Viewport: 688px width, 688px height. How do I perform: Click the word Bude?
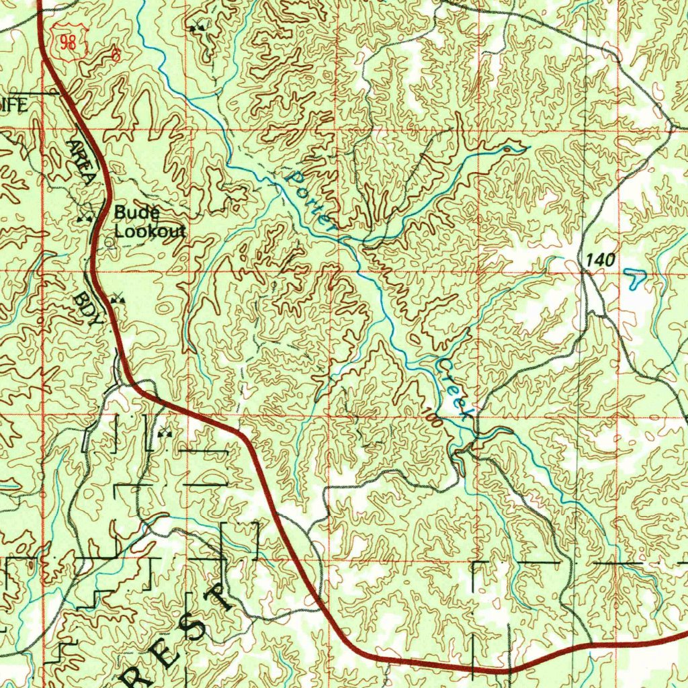136,213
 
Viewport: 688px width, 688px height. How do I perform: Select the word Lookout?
149,232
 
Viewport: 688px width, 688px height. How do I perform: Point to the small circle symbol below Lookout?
110,245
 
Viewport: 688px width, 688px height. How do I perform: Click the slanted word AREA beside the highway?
81,161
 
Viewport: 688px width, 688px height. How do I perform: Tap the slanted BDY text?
87,308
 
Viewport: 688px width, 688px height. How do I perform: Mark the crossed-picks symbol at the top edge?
197,28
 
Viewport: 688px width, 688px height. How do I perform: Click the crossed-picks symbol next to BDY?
119,298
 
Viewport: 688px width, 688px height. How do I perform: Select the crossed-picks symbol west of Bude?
84,218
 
